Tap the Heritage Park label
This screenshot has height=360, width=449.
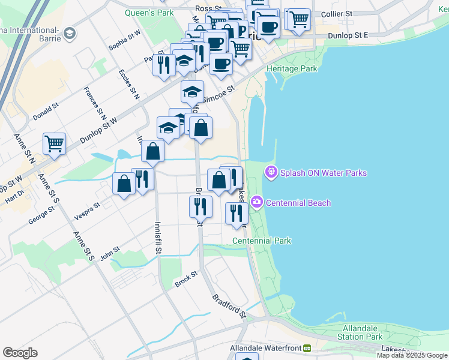pyautogui.click(x=292, y=68)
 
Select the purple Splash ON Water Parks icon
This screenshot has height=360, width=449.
pyautogui.click(x=271, y=173)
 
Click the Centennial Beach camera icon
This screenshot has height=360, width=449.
pyautogui.click(x=258, y=202)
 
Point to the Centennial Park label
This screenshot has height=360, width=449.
pyautogui.click(x=262, y=241)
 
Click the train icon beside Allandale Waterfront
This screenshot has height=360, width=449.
pyautogui.click(x=307, y=348)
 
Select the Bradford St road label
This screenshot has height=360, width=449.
pyautogui.click(x=229, y=305)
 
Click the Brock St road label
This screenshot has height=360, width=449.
pyautogui.click(x=186, y=279)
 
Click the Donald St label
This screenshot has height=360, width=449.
pyautogui.click(x=46, y=112)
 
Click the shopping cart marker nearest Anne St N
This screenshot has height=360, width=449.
pyautogui.click(x=54, y=144)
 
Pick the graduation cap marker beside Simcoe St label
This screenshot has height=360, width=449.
pyautogui.click(x=192, y=92)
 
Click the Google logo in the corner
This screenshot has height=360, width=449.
pyautogui.click(x=20, y=352)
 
